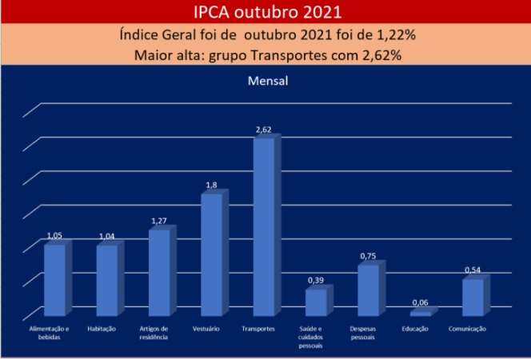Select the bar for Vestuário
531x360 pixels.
[x=212, y=254]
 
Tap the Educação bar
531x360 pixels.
[x=420, y=314]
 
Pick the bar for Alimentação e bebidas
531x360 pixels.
[x=54, y=279]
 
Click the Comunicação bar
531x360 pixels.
[x=473, y=297]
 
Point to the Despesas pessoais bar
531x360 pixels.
[x=368, y=290]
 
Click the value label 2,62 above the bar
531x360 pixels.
[x=264, y=130]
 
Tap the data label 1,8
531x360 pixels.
[x=212, y=186]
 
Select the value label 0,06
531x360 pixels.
[x=420, y=302]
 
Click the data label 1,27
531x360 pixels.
[x=159, y=221]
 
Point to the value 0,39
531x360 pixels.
[x=316, y=281]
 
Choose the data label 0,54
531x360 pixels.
[x=473, y=270]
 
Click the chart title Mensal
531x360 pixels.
[x=265, y=81]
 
